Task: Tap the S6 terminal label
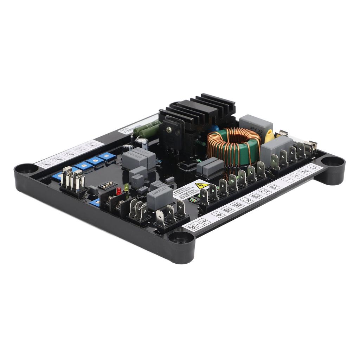click(x=229, y=210)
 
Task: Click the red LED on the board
click(x=119, y=191)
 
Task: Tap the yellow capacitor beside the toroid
click(x=269, y=136)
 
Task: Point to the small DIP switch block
click(x=107, y=185)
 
